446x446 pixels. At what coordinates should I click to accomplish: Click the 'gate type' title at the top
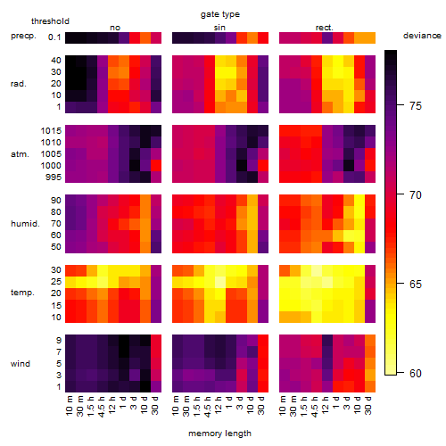click(x=220, y=14)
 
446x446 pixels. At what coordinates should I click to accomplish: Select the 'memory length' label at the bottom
click(x=219, y=434)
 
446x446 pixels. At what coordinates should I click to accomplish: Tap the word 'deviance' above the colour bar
click(x=422, y=36)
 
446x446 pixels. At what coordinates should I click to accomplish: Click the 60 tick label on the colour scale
click(x=416, y=373)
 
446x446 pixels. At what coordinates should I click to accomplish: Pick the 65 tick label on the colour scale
click(x=416, y=284)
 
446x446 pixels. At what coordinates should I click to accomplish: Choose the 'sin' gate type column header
click(x=219, y=28)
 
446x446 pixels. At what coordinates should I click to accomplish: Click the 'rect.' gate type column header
click(x=325, y=28)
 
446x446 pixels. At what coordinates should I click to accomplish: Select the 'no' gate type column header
click(x=115, y=28)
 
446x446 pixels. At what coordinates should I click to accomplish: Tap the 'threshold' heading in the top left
click(x=50, y=21)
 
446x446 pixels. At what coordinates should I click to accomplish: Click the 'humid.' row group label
click(x=25, y=224)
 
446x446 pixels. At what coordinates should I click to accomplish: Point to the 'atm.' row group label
click(x=20, y=154)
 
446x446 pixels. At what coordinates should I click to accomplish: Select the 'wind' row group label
click(x=21, y=364)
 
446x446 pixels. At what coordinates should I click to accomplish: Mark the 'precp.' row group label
click(x=23, y=36)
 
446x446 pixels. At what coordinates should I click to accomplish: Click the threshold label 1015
click(x=51, y=131)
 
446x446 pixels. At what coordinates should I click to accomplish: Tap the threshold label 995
click(x=54, y=178)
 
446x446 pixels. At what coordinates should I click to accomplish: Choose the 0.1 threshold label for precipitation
click(x=54, y=37)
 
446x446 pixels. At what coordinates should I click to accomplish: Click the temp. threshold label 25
click(x=56, y=282)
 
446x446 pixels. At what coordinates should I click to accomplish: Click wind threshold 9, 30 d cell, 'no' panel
click(x=156, y=341)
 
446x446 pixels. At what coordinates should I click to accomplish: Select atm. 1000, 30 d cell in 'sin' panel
click(x=263, y=166)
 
